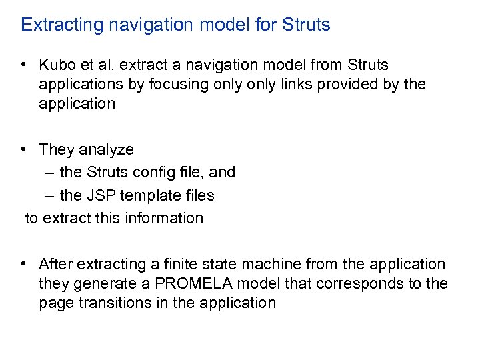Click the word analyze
[107, 150]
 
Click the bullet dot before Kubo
[23, 65]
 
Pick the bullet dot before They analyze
[23, 149]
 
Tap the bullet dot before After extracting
[23, 264]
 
